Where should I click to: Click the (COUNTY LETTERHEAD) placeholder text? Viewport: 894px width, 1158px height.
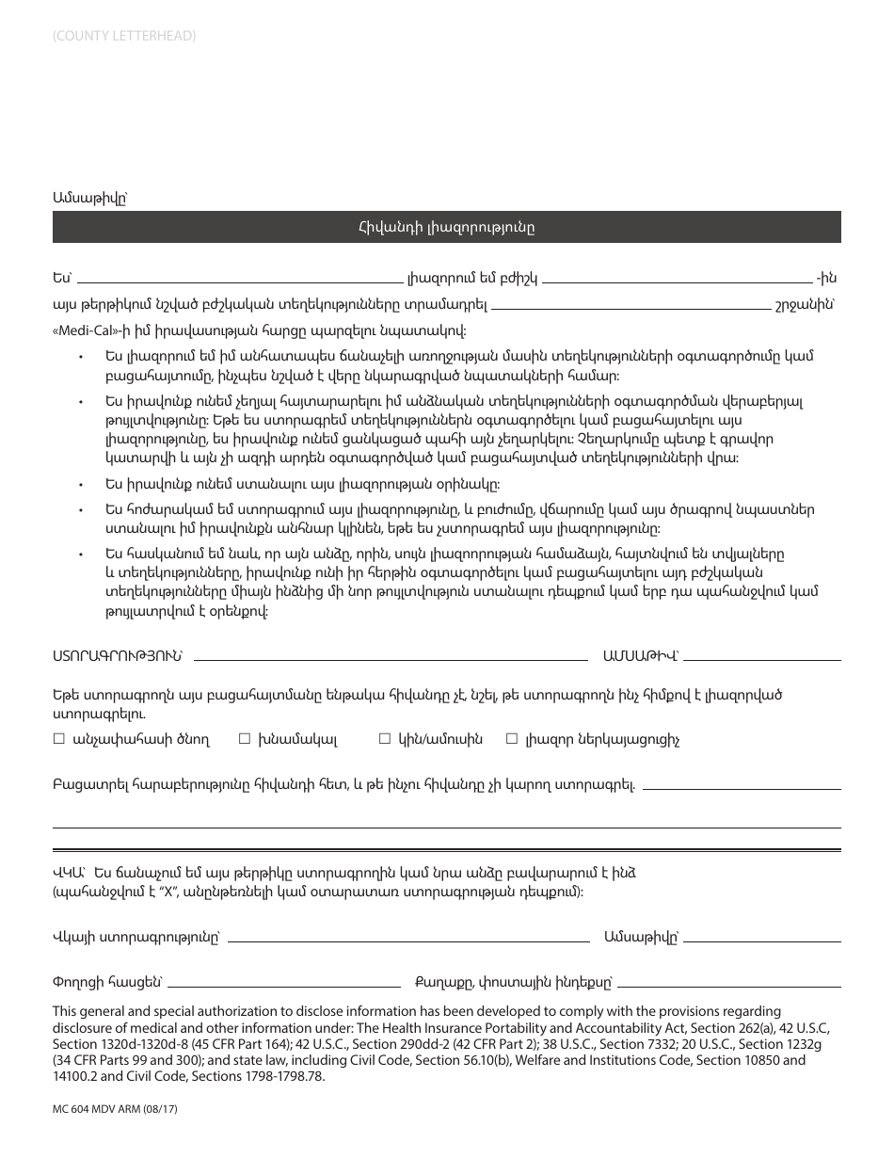click(124, 37)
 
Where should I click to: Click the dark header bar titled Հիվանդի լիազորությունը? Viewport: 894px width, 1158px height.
click(446, 227)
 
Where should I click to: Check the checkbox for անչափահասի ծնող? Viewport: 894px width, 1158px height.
click(59, 740)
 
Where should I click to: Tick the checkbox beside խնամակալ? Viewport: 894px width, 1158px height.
click(245, 740)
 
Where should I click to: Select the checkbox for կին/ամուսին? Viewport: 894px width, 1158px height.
click(384, 740)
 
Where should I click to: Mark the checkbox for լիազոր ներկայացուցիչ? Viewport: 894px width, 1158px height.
click(512, 740)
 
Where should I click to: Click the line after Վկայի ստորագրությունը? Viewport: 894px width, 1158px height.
click(408, 939)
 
